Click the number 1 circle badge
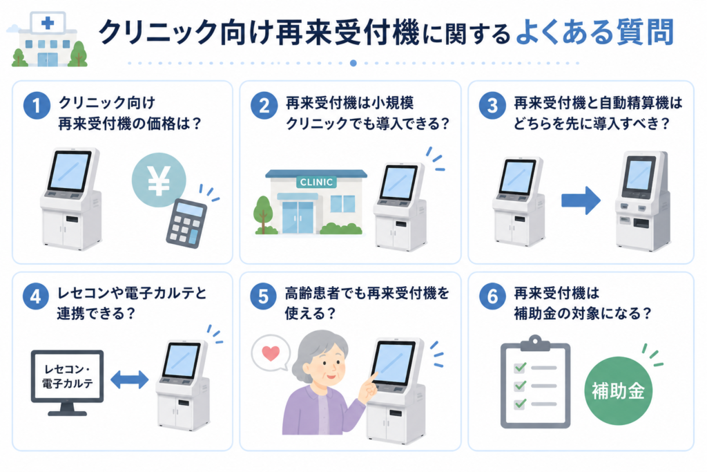click(37, 106)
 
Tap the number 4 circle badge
click(36, 296)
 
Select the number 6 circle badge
click(492, 296)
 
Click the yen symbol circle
click(159, 180)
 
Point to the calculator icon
click(186, 223)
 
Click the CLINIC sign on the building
click(316, 182)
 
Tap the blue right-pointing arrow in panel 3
click(581, 200)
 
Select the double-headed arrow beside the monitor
click(129, 379)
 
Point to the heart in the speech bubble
click(271, 353)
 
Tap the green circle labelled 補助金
click(618, 390)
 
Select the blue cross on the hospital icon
click(48, 23)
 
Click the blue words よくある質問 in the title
click(594, 32)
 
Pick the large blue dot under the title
click(353, 63)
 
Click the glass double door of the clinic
click(298, 217)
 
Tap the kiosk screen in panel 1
click(69, 171)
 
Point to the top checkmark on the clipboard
click(521, 367)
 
